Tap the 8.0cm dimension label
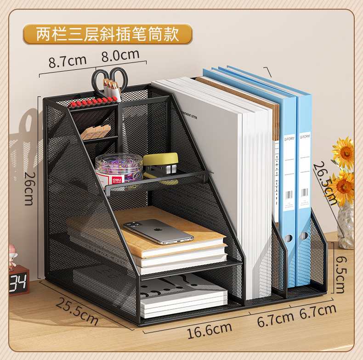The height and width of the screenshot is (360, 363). [120, 56]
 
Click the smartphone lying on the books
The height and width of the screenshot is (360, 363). [158, 231]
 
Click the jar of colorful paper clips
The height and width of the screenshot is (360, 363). [119, 168]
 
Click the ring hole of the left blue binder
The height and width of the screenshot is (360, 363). [289, 238]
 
